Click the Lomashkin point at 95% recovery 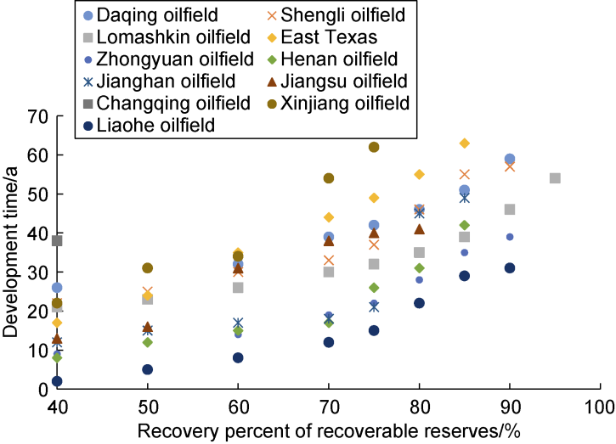555,178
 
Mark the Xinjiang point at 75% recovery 374,147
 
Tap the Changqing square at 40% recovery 57,241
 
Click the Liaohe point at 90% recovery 510,268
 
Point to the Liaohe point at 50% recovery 147,369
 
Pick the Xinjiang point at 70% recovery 329,178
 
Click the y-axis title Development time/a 13,252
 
